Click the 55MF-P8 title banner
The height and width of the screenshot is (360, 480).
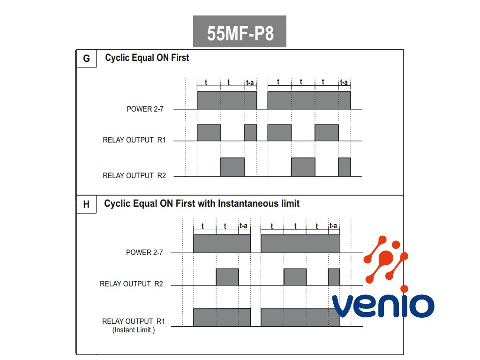(240, 32)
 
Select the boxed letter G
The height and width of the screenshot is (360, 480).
(86, 59)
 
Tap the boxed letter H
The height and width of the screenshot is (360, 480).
(86, 204)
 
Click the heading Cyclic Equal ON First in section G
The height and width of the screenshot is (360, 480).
(147, 58)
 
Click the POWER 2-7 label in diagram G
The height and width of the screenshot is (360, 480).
(145, 109)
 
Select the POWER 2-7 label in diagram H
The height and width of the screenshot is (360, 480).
(144, 252)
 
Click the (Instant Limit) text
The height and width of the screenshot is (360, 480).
(134, 330)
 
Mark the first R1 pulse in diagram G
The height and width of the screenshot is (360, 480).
(209, 133)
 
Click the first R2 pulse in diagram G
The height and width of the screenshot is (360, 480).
(232, 167)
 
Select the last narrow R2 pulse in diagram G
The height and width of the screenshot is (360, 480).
(345, 167)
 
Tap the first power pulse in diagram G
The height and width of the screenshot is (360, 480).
(227, 100)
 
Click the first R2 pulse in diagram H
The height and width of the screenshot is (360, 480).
(227, 277)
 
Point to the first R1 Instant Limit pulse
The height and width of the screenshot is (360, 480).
(222, 317)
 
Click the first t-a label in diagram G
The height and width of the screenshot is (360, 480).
(250, 83)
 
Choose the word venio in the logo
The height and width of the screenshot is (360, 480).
(383, 305)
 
